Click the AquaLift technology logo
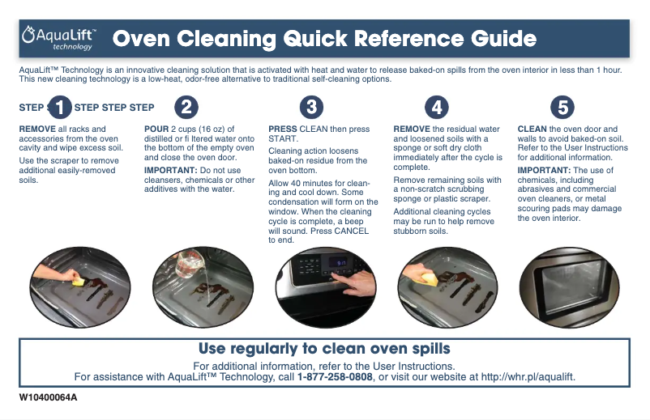(x=59, y=39)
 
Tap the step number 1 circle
(x=60, y=108)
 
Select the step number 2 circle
(x=186, y=108)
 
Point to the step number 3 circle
(x=311, y=108)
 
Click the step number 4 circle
(x=437, y=108)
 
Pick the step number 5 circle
(x=562, y=108)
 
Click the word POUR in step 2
(x=156, y=129)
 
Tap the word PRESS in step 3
(x=283, y=129)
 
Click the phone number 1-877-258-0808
(x=335, y=377)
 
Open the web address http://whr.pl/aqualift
(x=528, y=377)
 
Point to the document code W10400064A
(x=48, y=397)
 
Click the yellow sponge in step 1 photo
(x=78, y=282)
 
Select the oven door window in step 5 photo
(x=570, y=286)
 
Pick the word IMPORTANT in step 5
(x=544, y=170)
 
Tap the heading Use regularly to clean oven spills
(x=324, y=349)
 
